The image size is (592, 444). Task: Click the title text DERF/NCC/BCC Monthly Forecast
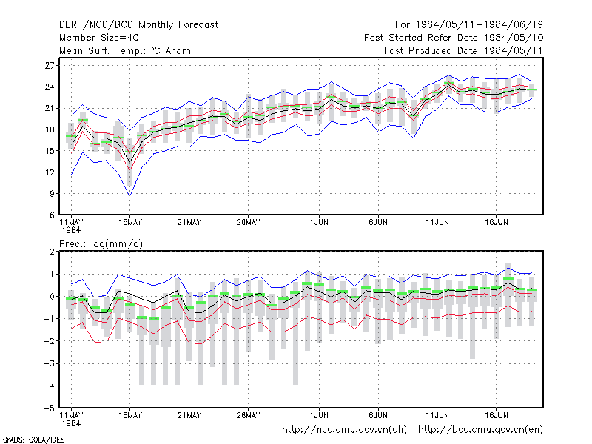pyautogui.click(x=138, y=25)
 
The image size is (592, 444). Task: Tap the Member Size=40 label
pyautogui.click(x=99, y=38)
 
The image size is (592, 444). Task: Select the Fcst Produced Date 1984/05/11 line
pyautogui.click(x=463, y=50)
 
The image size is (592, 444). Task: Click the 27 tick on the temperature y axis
pyautogui.click(x=50, y=66)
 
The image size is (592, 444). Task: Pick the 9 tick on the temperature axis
pyautogui.click(x=52, y=194)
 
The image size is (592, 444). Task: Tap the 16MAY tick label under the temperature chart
pyautogui.click(x=130, y=223)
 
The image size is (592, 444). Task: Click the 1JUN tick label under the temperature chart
pyautogui.click(x=319, y=223)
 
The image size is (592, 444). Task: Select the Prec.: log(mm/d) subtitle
pyautogui.click(x=101, y=244)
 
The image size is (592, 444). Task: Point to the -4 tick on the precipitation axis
pyautogui.click(x=50, y=386)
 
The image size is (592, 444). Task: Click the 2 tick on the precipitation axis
pyautogui.click(x=52, y=252)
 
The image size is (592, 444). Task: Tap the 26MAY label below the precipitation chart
pyautogui.click(x=248, y=416)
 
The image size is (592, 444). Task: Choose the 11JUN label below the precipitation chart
pyautogui.click(x=437, y=416)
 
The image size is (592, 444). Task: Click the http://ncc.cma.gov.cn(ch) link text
pyautogui.click(x=344, y=430)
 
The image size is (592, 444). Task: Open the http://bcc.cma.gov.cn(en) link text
pyautogui.click(x=480, y=430)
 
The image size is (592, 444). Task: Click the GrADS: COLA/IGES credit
pyautogui.click(x=33, y=440)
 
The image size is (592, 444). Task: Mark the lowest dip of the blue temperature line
pyautogui.click(x=130, y=195)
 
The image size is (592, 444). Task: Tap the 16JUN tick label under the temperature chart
pyautogui.click(x=496, y=223)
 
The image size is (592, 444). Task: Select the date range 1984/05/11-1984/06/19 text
pyautogui.click(x=479, y=25)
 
